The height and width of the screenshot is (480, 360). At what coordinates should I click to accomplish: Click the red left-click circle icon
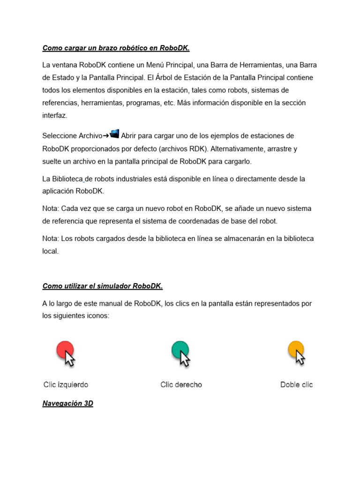tap(65, 350)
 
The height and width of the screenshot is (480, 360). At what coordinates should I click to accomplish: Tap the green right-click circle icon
tap(180, 350)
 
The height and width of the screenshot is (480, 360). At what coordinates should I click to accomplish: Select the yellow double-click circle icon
tap(295, 349)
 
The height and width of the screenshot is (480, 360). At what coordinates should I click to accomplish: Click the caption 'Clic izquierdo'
tap(66, 385)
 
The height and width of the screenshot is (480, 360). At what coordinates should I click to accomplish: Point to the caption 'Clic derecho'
tap(181, 385)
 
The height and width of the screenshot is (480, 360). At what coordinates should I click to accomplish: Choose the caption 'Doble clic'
tap(296, 385)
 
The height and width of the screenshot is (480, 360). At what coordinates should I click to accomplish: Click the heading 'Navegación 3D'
tap(67, 403)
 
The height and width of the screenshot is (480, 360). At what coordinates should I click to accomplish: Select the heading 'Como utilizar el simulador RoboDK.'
tap(102, 286)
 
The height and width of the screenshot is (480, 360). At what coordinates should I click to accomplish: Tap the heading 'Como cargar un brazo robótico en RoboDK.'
tap(116, 48)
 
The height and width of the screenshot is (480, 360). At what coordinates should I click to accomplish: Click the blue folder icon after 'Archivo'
tap(114, 134)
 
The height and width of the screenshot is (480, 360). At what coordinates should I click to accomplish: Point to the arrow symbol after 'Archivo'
tap(105, 136)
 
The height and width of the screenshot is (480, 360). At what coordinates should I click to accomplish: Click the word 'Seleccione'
tap(60, 136)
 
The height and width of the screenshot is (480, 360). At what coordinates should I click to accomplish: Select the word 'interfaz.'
tap(55, 115)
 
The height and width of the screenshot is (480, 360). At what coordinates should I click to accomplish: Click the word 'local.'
tap(51, 251)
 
